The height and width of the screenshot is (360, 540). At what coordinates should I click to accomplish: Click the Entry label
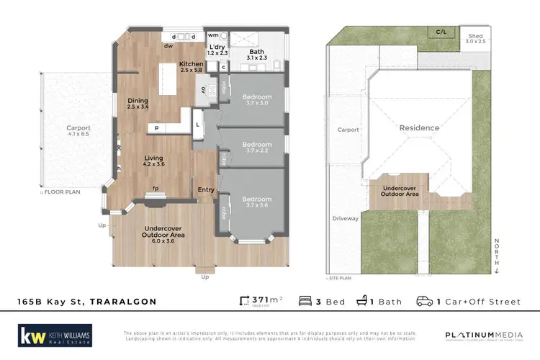(206, 190)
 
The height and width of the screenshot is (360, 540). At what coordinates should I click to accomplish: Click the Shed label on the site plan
(476, 35)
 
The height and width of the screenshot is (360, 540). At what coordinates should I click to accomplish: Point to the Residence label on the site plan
(419, 128)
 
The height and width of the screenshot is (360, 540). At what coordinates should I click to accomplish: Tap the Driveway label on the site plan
(345, 217)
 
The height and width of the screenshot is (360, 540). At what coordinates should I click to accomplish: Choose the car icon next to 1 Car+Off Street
(425, 301)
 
